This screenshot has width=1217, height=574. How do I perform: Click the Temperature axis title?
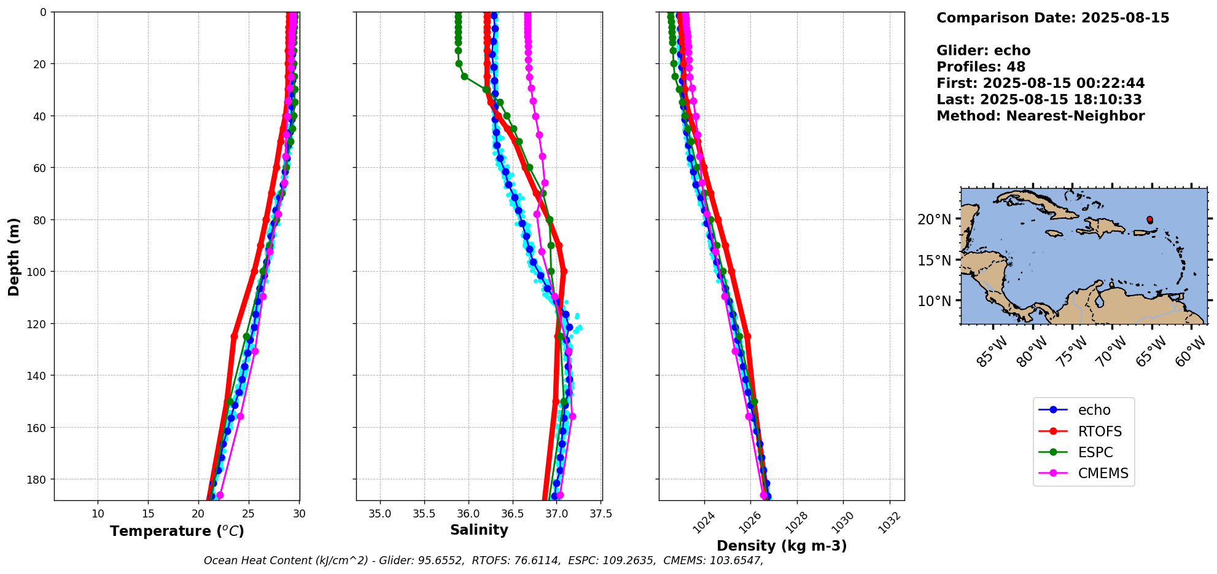click(177, 531)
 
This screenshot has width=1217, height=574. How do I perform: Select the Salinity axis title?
click(479, 530)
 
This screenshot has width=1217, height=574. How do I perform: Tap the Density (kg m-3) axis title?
click(782, 546)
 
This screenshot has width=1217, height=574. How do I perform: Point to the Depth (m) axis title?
click(14, 256)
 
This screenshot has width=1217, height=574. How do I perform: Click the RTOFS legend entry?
click(1099, 431)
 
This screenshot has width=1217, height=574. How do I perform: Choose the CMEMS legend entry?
click(1103, 473)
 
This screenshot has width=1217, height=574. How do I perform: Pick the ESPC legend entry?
click(1095, 452)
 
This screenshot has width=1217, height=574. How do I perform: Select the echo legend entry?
click(1094, 410)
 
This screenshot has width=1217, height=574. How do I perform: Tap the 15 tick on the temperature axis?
click(148, 513)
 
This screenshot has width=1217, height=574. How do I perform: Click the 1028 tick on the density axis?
click(797, 522)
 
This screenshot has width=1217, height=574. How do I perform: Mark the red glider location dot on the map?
click(1149, 219)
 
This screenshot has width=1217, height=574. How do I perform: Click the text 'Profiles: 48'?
click(981, 67)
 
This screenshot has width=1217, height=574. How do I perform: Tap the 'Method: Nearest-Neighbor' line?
click(1040, 116)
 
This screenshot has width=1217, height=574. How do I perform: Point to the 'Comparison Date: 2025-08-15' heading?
click(1052, 18)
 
